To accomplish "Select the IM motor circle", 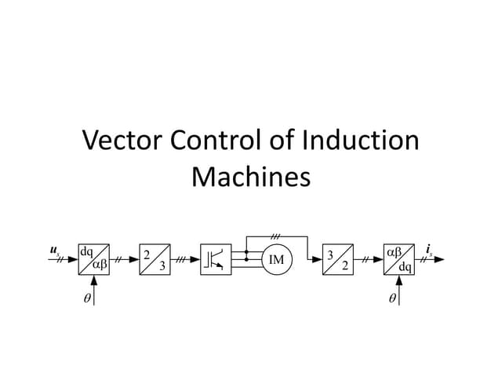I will point(275,259).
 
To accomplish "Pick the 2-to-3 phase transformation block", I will point(155,259).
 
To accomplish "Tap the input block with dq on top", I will point(93,259).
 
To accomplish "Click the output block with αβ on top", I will point(399,259).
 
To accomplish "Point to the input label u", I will point(54,251).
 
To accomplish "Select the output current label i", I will point(428,251).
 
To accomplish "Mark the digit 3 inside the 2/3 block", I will point(161,265).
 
